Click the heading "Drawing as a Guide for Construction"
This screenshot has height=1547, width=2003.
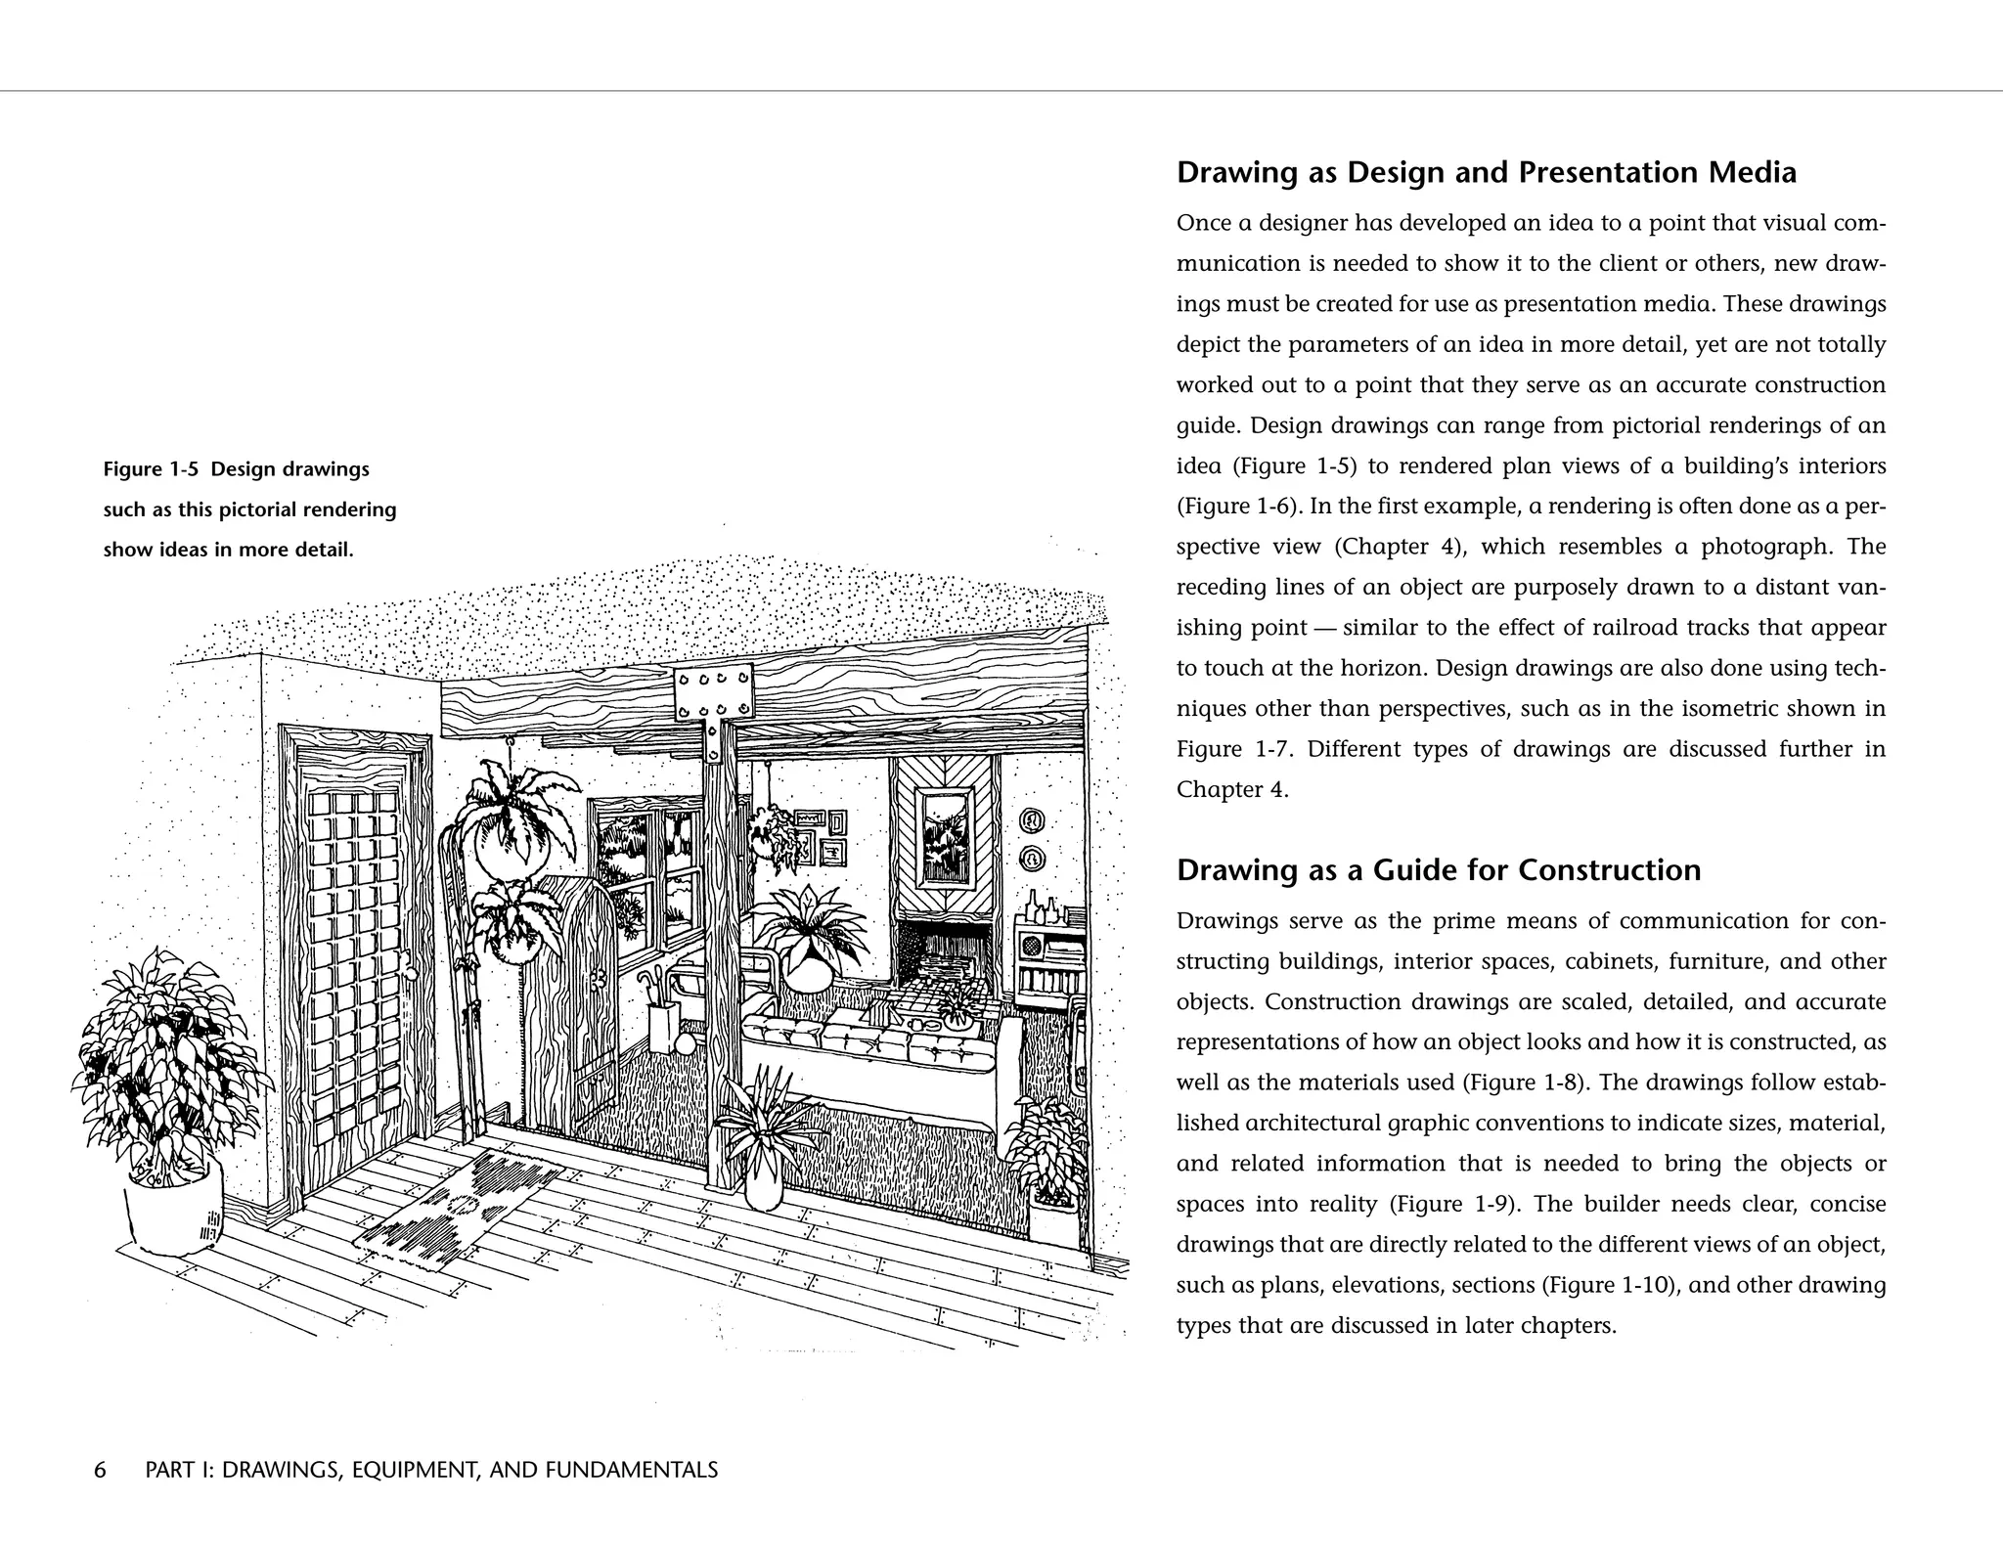pos(1438,870)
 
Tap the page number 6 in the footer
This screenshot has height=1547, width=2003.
pos(100,1470)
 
